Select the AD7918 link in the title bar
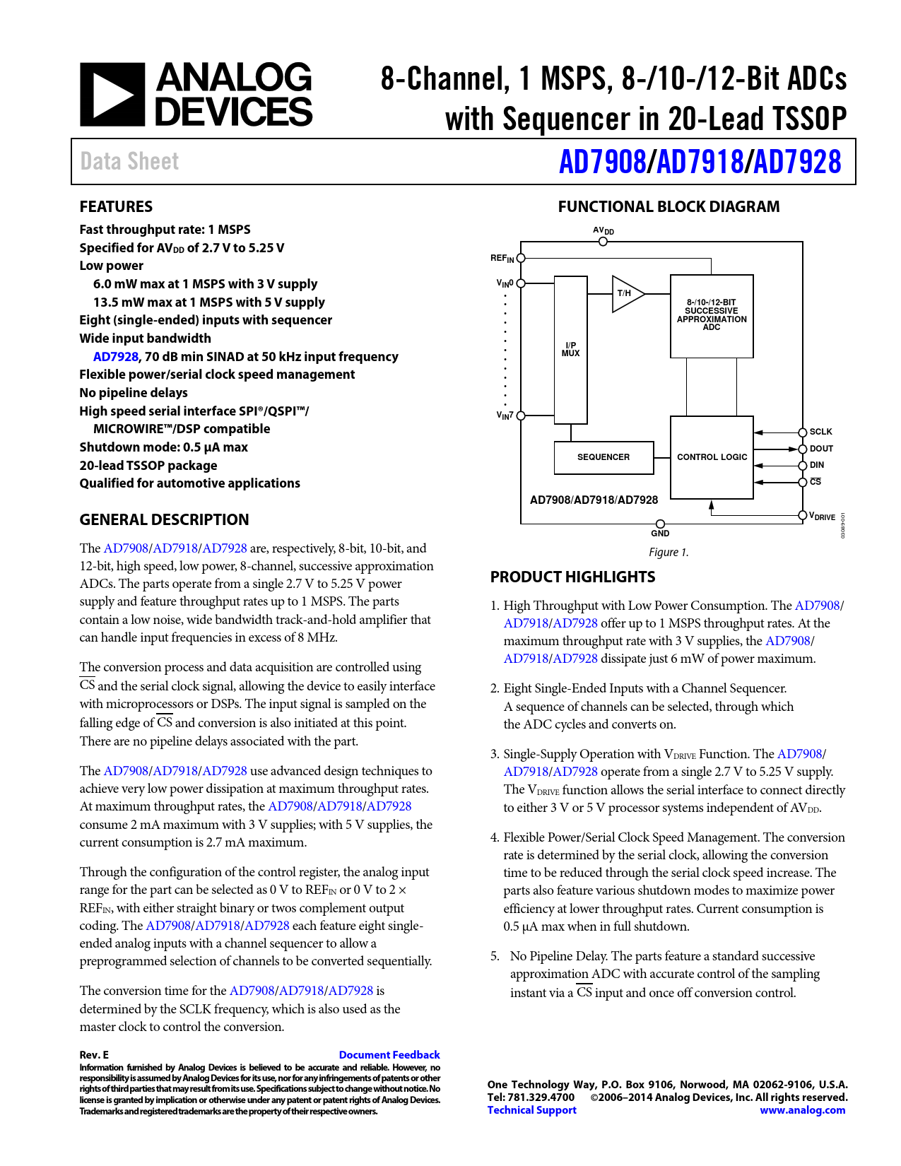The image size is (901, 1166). (699, 162)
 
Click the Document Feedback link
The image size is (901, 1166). (389, 1054)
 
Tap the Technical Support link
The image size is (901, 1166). (531, 1109)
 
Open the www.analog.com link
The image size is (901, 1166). (802, 1109)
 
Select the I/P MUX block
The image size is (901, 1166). (570, 350)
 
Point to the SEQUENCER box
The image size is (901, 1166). (603, 457)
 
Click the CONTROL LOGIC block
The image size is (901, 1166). (712, 457)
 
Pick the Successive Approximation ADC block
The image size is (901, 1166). (712, 315)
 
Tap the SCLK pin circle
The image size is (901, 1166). (803, 432)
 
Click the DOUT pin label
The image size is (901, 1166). (821, 449)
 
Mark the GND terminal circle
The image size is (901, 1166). (660, 524)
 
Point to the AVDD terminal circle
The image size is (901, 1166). (603, 242)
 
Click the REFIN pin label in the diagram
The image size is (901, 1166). (502, 259)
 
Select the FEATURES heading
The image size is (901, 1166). (116, 206)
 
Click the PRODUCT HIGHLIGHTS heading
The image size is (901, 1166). (572, 577)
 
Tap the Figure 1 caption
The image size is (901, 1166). (669, 552)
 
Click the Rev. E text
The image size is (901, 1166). (94, 1054)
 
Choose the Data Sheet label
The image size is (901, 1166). (129, 162)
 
